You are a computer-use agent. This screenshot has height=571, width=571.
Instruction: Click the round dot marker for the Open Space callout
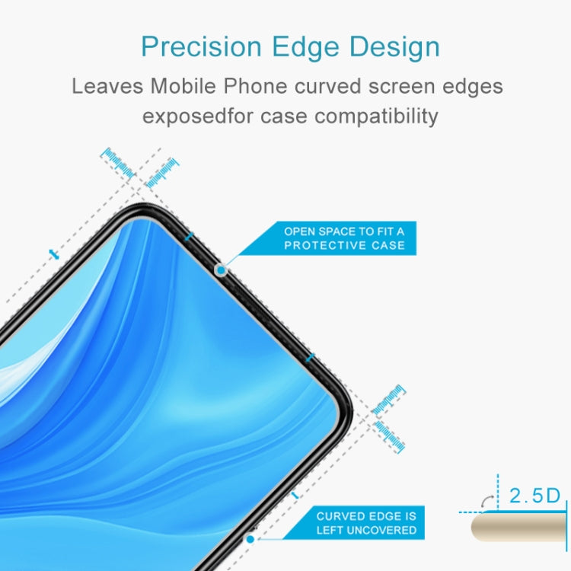(x=222, y=270)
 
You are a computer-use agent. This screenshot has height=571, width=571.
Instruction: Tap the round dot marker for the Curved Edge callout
(x=250, y=539)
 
